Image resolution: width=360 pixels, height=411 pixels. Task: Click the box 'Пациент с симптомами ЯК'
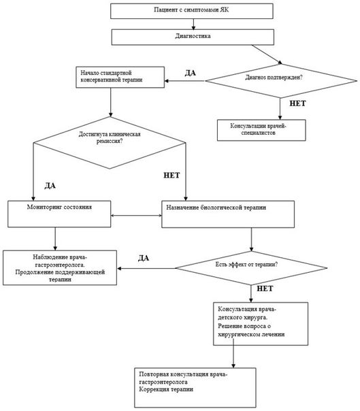[x=192, y=11]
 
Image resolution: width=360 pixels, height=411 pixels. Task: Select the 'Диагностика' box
[x=193, y=37]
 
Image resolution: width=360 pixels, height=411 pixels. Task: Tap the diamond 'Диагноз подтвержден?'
[x=281, y=81]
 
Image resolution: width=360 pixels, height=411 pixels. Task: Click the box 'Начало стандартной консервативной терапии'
[x=120, y=77]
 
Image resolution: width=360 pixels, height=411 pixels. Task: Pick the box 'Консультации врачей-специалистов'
[x=261, y=130]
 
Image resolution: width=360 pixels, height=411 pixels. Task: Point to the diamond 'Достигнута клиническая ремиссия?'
[x=110, y=143]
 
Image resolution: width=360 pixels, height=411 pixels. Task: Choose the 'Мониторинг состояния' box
[x=59, y=214]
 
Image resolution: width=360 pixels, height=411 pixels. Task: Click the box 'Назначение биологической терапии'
[x=228, y=214]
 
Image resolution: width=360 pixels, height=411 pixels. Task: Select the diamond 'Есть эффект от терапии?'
[x=251, y=268]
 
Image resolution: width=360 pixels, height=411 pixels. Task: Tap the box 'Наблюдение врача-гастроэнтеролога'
[x=60, y=267]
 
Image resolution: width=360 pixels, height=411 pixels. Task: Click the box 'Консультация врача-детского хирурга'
[x=261, y=324]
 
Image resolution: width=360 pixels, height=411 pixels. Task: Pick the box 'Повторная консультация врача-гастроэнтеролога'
[x=195, y=387]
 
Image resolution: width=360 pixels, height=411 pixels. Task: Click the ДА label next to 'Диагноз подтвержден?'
[x=191, y=73]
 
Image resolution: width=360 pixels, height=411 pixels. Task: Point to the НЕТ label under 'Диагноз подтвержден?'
[x=297, y=103]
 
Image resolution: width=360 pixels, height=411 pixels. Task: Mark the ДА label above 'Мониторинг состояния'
[x=50, y=186]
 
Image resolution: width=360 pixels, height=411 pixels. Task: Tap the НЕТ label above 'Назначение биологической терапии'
[x=171, y=175]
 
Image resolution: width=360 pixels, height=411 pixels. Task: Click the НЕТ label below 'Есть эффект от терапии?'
[x=265, y=289]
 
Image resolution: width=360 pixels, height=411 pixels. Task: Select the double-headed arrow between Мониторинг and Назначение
[x=136, y=216]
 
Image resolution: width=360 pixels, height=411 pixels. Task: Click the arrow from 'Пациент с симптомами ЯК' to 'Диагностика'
[x=193, y=24]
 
